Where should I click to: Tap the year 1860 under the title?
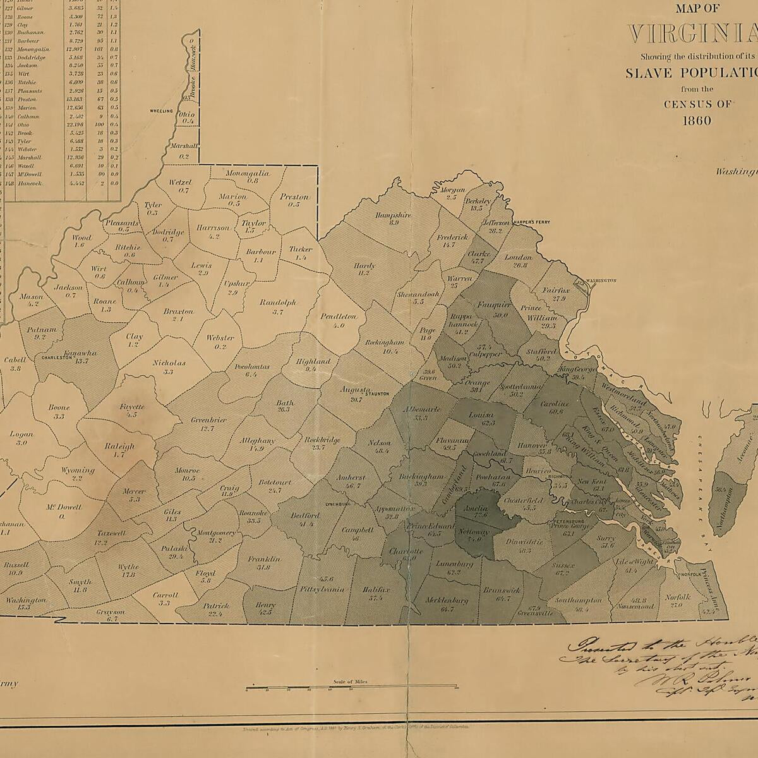tap(696, 120)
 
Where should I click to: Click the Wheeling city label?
tap(161, 111)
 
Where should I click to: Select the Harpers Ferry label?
tap(527, 222)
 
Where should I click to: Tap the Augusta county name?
tap(354, 390)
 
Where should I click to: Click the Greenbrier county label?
tap(208, 419)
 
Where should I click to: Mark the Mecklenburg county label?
tap(446, 600)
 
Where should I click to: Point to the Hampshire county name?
tap(393, 215)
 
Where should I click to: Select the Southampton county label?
tap(579, 600)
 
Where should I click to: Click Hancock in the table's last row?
tap(30, 183)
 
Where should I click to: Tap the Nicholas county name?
tap(169, 363)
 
